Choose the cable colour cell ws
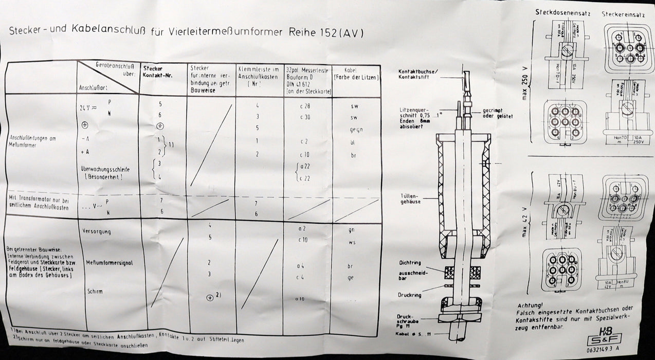[353, 242]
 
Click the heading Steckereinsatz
[621, 13]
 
